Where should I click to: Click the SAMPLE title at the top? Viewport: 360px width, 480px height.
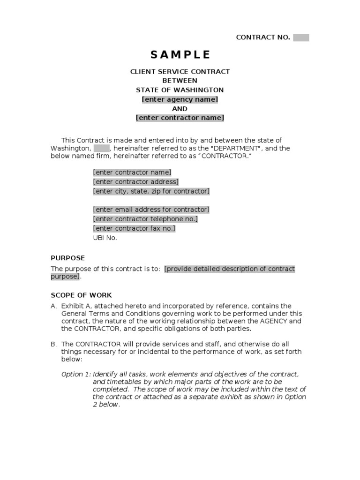180,54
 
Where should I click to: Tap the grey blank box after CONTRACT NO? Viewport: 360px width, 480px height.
301,37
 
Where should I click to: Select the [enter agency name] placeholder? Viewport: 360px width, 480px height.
180,99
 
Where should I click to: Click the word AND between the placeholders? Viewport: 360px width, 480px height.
180,109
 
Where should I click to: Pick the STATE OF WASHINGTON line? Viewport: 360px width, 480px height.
180,90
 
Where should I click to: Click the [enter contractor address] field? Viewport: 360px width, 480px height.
136,182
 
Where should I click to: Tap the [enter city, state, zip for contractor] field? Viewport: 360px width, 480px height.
151,191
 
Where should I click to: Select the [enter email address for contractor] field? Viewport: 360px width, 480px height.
151,210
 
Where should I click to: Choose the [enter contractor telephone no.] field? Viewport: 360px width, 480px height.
145,219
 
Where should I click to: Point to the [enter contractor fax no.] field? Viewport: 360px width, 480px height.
134,228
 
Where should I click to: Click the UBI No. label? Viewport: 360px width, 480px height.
105,238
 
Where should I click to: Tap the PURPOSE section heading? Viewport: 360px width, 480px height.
68,258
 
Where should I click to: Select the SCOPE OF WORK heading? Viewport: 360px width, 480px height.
82,295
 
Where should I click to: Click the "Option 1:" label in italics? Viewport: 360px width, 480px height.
76,374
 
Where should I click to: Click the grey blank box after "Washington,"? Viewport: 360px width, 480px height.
101,148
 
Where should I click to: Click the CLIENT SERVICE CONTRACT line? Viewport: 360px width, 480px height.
180,72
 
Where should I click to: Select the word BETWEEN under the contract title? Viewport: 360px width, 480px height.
180,81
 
